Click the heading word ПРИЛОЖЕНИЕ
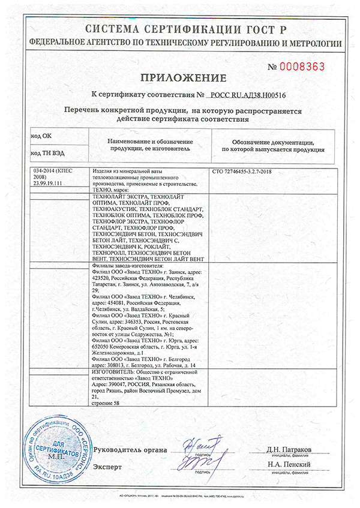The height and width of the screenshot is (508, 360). tap(184, 78)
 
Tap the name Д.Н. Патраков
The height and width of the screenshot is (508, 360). tap(288, 449)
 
